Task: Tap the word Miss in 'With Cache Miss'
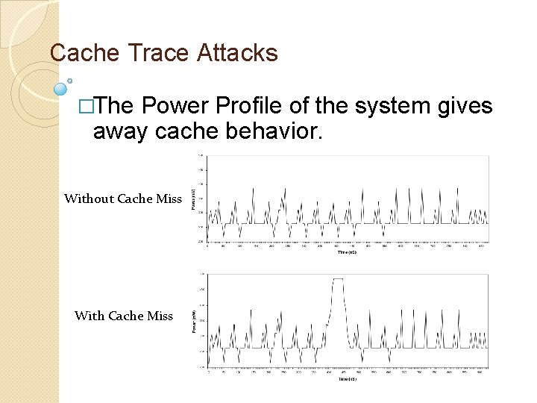(160, 316)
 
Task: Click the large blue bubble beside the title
(61, 89)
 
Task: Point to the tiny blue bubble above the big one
(69, 80)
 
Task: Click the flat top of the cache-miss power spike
(339, 279)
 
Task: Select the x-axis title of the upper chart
(348, 253)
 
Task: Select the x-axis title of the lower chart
(348, 378)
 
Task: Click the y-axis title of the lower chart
(195, 321)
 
